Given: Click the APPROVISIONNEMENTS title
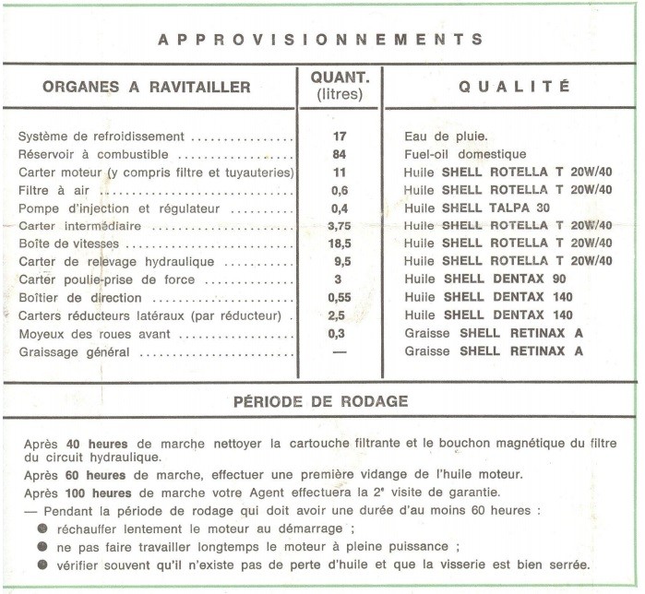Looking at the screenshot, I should coord(320,40).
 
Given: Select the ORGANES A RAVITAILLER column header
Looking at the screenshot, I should coord(146,88).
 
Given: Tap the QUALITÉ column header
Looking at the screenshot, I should coord(515,88).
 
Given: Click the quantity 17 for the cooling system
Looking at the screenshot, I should coord(339,137).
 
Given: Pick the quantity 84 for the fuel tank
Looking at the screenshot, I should coord(339,155).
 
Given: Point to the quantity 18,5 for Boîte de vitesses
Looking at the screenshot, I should coord(339,244).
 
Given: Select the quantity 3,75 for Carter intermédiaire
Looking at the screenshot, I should coord(339,226).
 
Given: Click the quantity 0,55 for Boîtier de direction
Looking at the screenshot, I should coord(339,298).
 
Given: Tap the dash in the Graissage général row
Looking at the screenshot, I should coord(339,351).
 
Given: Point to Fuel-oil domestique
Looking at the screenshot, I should coord(465,155).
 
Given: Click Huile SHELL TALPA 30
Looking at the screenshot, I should coord(476,208).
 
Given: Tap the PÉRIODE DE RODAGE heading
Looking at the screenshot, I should coord(320,402).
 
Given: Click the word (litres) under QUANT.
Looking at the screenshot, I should coord(339,94).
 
